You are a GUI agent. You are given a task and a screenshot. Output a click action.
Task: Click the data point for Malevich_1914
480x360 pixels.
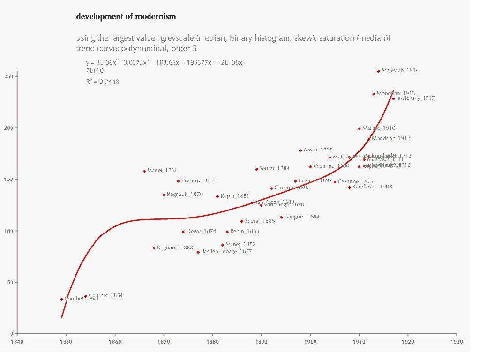379,71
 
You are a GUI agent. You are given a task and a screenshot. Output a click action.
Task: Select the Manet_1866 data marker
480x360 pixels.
144,171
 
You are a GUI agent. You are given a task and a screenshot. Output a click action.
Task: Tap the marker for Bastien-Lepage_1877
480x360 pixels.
198,252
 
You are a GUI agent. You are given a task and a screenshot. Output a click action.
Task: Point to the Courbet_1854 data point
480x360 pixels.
86,296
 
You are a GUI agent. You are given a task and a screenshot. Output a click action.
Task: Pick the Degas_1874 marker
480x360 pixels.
183,232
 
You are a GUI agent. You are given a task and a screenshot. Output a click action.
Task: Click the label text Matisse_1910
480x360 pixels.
379,128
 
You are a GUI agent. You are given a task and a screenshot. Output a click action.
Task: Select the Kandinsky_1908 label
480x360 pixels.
372,187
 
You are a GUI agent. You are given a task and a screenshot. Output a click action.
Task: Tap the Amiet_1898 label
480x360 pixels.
318,150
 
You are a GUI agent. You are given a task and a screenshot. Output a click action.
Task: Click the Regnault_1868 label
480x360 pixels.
175,248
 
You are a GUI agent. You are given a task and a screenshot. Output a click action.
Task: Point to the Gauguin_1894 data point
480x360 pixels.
281,217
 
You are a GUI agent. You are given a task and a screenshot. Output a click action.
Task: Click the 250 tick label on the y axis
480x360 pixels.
9,76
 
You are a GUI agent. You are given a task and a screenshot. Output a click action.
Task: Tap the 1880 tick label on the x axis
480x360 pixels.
212,341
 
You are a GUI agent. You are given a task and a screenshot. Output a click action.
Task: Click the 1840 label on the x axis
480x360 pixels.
17,341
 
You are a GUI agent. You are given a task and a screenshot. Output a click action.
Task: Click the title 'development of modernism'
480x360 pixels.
126,17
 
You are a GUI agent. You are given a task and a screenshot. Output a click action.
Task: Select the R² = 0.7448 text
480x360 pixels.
102,82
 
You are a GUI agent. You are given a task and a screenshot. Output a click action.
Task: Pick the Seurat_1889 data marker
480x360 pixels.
256,169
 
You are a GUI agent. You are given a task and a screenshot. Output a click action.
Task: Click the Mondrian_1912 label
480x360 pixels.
391,139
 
